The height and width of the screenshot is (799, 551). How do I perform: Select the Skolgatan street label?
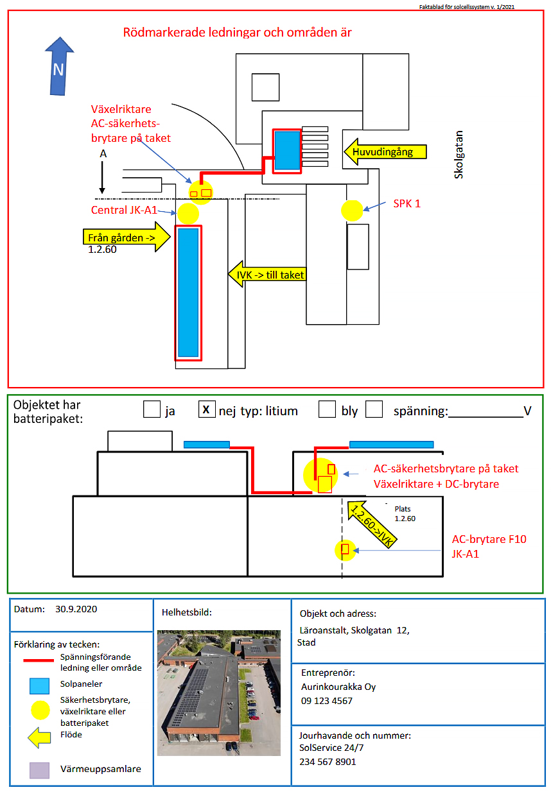(459, 155)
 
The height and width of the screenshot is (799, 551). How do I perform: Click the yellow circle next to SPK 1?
(352, 210)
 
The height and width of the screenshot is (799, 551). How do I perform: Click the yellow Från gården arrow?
(125, 237)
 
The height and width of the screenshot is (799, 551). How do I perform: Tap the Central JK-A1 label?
(124, 210)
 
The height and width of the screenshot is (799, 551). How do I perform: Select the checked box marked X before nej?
(206, 409)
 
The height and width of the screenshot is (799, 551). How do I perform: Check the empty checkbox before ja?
(152, 409)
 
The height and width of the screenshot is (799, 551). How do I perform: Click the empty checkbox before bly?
(327, 409)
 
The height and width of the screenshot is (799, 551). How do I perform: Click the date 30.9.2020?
(76, 609)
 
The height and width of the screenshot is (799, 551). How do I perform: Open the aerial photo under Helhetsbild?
(219, 692)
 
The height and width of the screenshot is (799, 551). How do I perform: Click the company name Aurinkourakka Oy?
(338, 687)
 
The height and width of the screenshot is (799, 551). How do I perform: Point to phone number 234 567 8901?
(328, 762)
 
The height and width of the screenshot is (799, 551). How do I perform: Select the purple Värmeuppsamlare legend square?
(39, 770)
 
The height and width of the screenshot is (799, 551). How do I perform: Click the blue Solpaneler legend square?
(39, 685)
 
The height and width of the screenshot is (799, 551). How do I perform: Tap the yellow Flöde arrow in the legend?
(39, 737)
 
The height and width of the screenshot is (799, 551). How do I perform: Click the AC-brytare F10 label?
(489, 539)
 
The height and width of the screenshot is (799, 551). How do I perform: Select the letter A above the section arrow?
(102, 155)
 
